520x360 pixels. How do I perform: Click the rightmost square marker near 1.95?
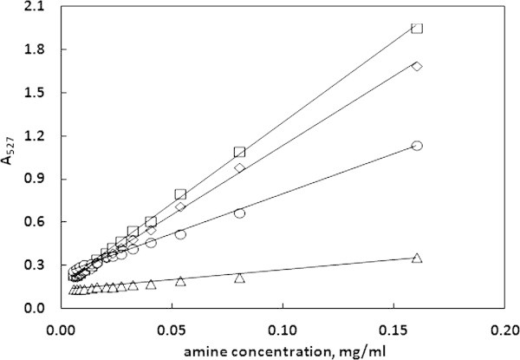pos(417,28)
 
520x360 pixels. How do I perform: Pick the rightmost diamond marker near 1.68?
pos(417,66)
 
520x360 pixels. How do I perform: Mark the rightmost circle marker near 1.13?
pos(417,146)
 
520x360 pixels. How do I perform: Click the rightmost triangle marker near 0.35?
pos(417,258)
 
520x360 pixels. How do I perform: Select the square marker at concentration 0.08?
pos(239,152)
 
